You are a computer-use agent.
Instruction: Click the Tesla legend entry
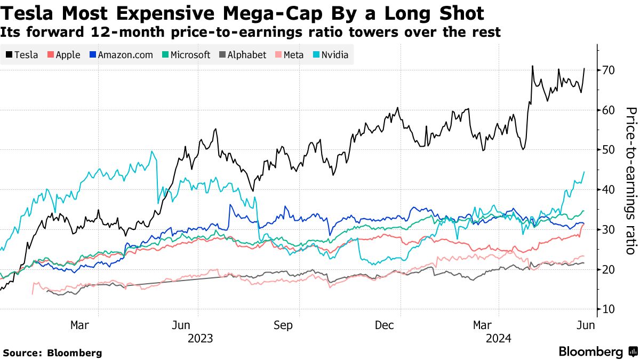point(22,55)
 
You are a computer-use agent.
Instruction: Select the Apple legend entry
point(63,55)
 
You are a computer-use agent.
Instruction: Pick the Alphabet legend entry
point(243,55)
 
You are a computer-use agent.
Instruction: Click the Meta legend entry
point(289,55)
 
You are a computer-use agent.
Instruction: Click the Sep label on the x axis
point(283,325)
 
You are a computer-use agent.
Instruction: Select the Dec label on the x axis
point(384,325)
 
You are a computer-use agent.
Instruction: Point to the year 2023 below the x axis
point(200,339)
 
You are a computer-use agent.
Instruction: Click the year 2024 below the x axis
point(499,339)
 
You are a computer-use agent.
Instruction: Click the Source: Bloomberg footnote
point(52,353)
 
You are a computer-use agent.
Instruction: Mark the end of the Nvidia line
point(584,172)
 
